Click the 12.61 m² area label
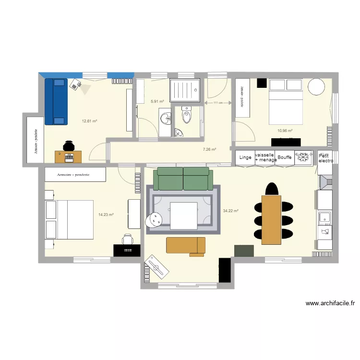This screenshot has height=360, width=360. [x=89, y=121]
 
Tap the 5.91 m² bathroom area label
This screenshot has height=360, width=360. [x=157, y=102]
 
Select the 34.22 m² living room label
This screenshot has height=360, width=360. [x=231, y=211]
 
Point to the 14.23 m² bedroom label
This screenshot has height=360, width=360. [x=106, y=215]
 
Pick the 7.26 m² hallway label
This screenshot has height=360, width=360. [x=209, y=149]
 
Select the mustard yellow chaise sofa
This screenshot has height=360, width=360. [x=186, y=245]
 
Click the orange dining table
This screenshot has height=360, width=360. [x=271, y=219]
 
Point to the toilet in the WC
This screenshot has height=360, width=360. [x=187, y=115]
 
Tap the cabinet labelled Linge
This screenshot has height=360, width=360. [x=245, y=157]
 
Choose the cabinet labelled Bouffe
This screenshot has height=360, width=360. [x=285, y=157]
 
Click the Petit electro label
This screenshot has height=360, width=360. [x=324, y=158]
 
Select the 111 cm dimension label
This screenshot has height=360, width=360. [x=218, y=103]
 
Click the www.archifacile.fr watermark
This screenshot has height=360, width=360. [x=330, y=303]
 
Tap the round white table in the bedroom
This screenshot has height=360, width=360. [x=317, y=86]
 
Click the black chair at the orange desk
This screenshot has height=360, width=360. [x=69, y=145]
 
